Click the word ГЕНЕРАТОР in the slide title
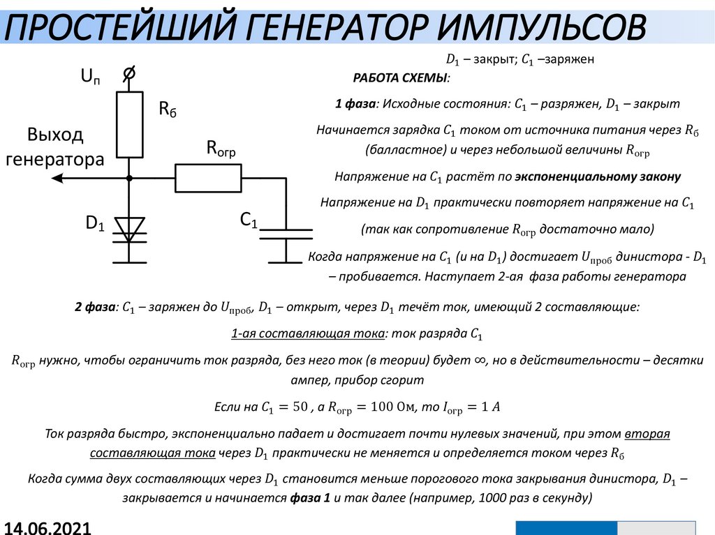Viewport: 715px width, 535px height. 334,29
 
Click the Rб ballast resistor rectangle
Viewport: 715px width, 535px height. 129,124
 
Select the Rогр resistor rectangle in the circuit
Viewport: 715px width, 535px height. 207,178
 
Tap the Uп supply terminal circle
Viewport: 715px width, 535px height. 129,73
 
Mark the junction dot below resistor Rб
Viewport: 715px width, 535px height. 129,179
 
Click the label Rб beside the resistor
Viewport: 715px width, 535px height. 168,109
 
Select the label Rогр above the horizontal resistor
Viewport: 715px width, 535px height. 220,148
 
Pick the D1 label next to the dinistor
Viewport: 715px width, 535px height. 95,224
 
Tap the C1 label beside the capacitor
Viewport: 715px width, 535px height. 249,220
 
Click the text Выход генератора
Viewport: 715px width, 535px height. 55,146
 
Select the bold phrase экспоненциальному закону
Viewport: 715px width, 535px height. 598,176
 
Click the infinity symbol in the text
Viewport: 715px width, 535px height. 480,359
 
